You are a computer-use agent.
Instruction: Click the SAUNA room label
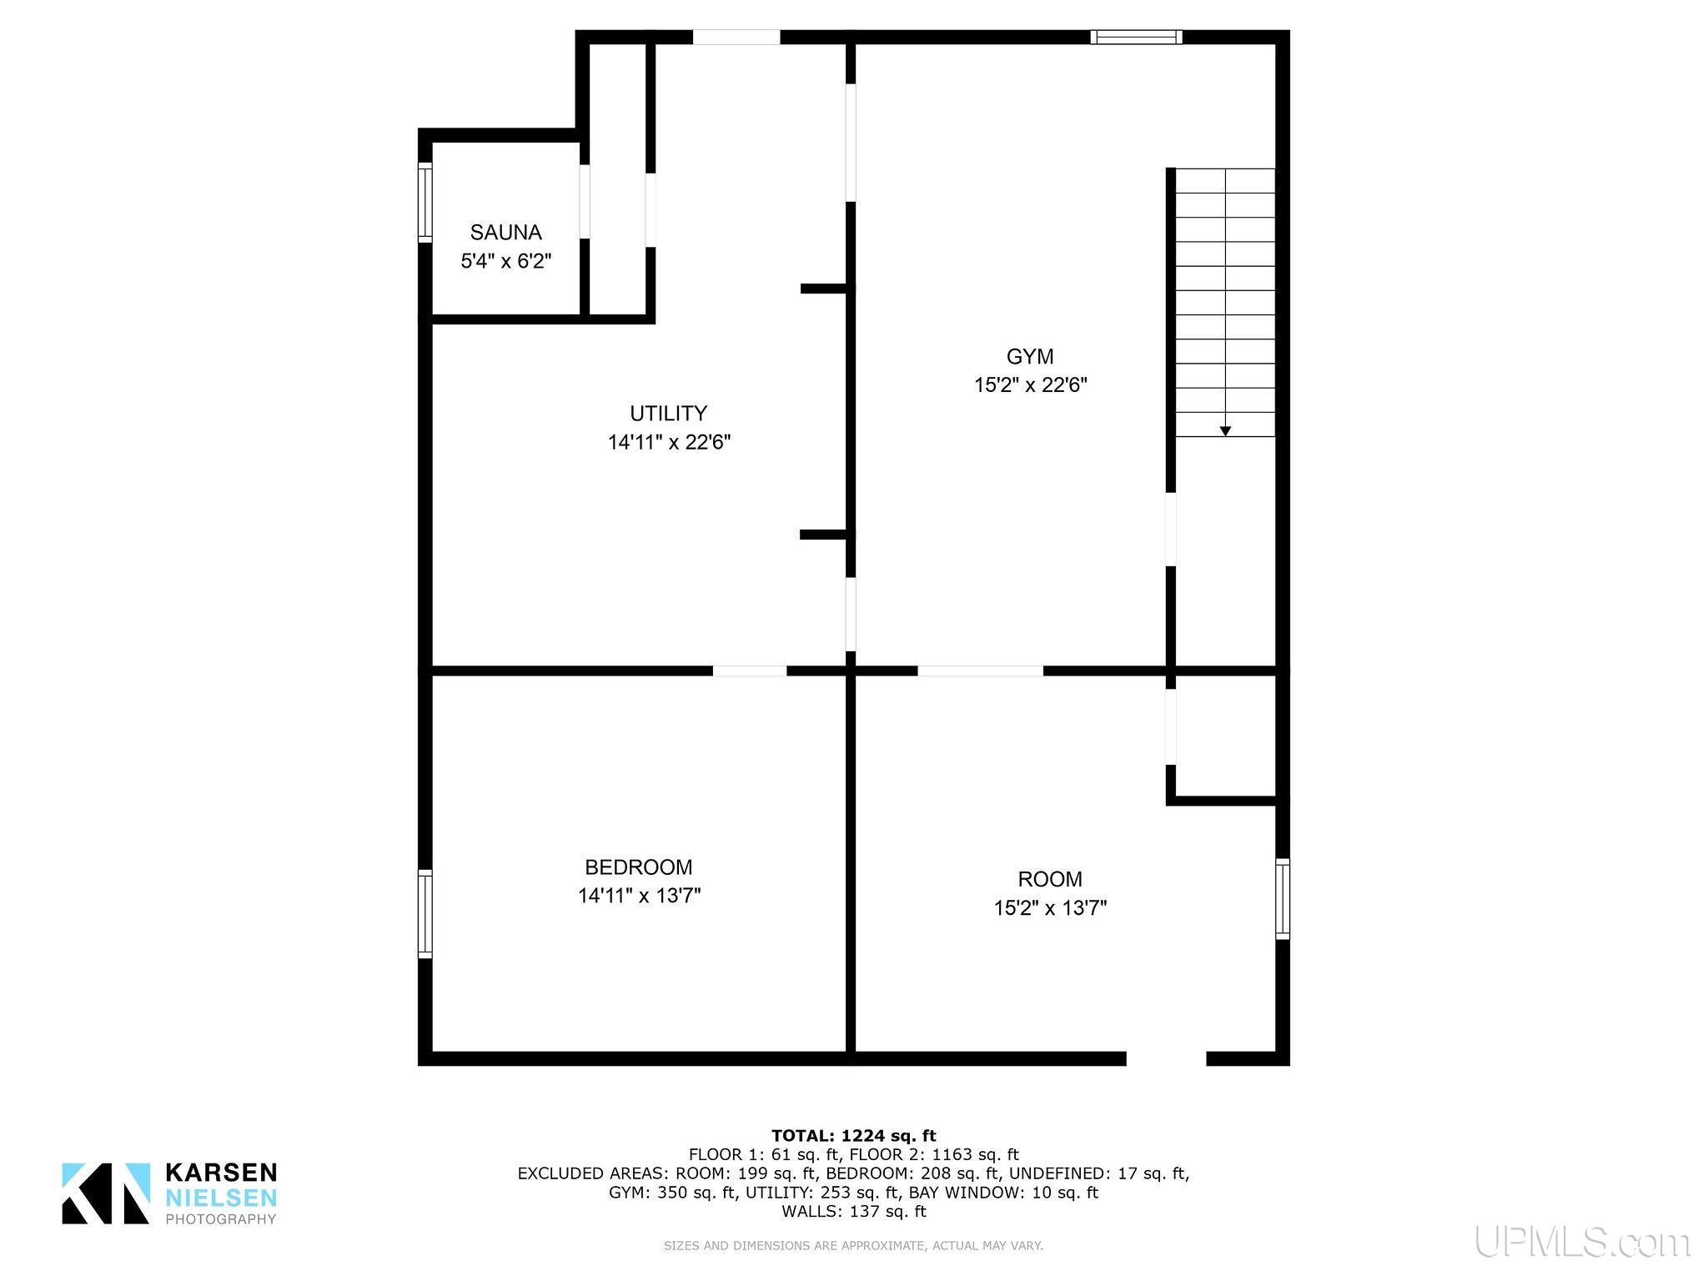pyautogui.click(x=505, y=232)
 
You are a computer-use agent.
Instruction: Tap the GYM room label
pyautogui.click(x=1030, y=356)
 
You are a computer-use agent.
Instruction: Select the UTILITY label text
pyautogui.click(x=668, y=413)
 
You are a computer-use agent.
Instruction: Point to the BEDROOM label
pyautogui.click(x=639, y=867)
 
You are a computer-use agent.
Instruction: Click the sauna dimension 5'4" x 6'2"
pyautogui.click(x=506, y=261)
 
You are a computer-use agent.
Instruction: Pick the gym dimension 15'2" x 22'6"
pyautogui.click(x=1031, y=385)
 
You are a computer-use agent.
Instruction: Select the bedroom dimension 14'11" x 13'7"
pyautogui.click(x=639, y=896)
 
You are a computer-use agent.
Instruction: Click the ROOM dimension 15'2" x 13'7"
pyautogui.click(x=1050, y=907)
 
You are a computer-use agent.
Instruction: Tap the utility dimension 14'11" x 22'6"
pyautogui.click(x=669, y=442)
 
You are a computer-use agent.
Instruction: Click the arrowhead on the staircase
pyautogui.click(x=1225, y=430)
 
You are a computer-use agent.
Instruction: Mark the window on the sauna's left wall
pyautogui.click(x=425, y=203)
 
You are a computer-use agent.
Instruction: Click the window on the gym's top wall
pyautogui.click(x=1136, y=37)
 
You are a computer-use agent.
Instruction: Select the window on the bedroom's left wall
pyautogui.click(x=425, y=913)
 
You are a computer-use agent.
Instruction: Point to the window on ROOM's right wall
pyautogui.click(x=1283, y=899)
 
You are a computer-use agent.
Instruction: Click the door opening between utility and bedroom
pyautogui.click(x=750, y=671)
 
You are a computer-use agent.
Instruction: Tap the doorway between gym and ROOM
pyautogui.click(x=981, y=671)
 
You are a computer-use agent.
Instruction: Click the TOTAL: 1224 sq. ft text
pyautogui.click(x=854, y=1135)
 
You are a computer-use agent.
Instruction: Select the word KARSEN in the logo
pyautogui.click(x=222, y=1173)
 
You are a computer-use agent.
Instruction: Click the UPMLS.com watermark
pyautogui.click(x=1582, y=1242)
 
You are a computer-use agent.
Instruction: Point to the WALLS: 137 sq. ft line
pyautogui.click(x=854, y=1211)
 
